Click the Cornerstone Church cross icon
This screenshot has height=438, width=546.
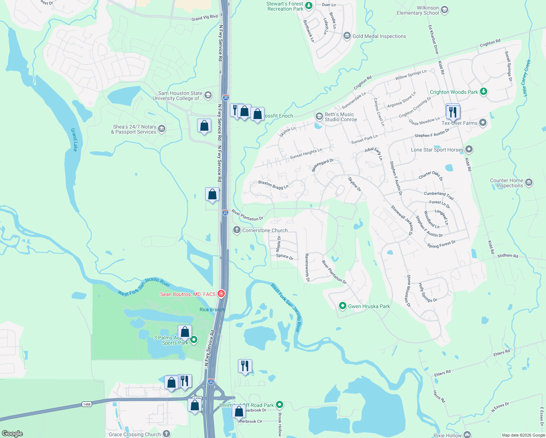point(237,230)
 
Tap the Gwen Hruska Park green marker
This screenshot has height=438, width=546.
point(342,306)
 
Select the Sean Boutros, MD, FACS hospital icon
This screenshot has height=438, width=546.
point(221,293)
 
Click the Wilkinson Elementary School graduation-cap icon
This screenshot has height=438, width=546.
point(444,10)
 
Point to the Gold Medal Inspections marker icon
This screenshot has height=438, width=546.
point(347,36)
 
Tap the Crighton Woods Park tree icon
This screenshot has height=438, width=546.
point(484,92)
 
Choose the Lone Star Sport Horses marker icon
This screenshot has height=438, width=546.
point(469,149)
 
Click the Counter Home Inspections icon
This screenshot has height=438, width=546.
point(529,182)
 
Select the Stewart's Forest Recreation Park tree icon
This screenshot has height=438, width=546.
point(308,6)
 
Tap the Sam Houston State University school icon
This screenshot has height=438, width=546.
point(208,96)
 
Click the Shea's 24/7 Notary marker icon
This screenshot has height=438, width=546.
point(162,129)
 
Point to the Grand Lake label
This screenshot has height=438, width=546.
point(74,139)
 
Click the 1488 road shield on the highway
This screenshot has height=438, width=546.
point(86,404)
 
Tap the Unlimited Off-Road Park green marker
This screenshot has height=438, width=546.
point(279,404)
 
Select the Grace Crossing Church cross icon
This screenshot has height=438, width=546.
point(166,434)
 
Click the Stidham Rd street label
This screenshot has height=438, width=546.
point(507,256)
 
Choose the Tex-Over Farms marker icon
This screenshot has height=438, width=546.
point(483,123)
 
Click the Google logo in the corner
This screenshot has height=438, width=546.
point(12,433)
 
